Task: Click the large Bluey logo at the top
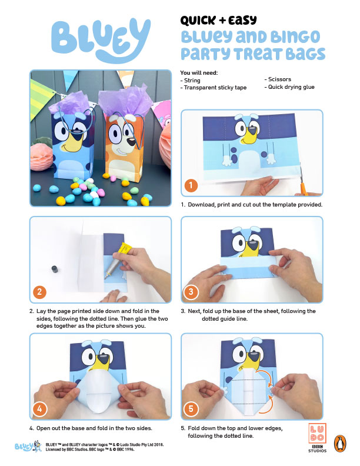101,40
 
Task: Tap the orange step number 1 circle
191,185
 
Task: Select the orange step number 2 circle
39,292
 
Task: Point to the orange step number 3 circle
191,292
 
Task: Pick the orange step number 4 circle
39,409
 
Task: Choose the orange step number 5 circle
191,409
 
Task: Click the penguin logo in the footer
341,444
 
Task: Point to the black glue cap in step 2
55,269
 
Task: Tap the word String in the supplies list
192,81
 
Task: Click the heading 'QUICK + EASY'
218,20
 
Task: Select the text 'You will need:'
199,73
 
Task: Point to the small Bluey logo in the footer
28,446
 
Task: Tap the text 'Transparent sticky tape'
215,88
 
